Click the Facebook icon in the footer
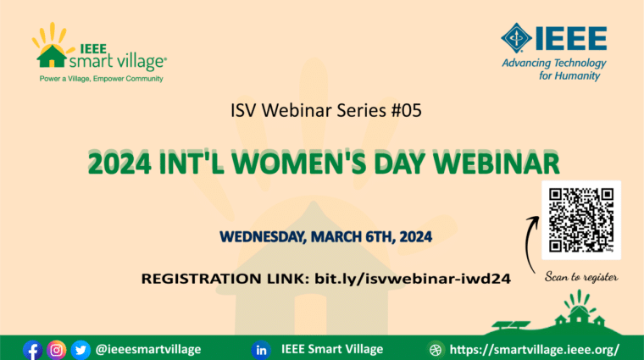pyautogui.click(x=32, y=350)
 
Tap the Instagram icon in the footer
pyautogui.click(x=56, y=350)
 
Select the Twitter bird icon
pyautogui.click(x=80, y=350)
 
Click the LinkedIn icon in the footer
pyautogui.click(x=261, y=350)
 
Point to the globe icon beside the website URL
pyautogui.click(x=436, y=350)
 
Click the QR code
pyautogui.click(x=580, y=220)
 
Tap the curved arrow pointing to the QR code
pyautogui.click(x=530, y=244)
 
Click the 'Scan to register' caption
pyautogui.click(x=581, y=277)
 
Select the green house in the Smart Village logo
pyautogui.click(x=52, y=56)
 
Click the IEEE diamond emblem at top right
pyautogui.click(x=516, y=38)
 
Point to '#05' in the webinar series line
pyautogui.click(x=406, y=110)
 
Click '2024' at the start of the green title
pyautogui.click(x=119, y=163)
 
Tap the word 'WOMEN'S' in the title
pyautogui.click(x=298, y=163)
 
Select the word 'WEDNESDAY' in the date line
pyautogui.click(x=263, y=237)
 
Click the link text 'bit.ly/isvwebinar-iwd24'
pyautogui.click(x=413, y=279)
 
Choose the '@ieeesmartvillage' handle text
pyautogui.click(x=148, y=349)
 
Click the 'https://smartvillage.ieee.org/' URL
pyautogui.click(x=535, y=350)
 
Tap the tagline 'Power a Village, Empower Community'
pyautogui.click(x=101, y=79)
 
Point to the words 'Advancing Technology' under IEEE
pyautogui.click(x=554, y=64)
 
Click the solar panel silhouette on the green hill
pyautogui.click(x=511, y=325)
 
